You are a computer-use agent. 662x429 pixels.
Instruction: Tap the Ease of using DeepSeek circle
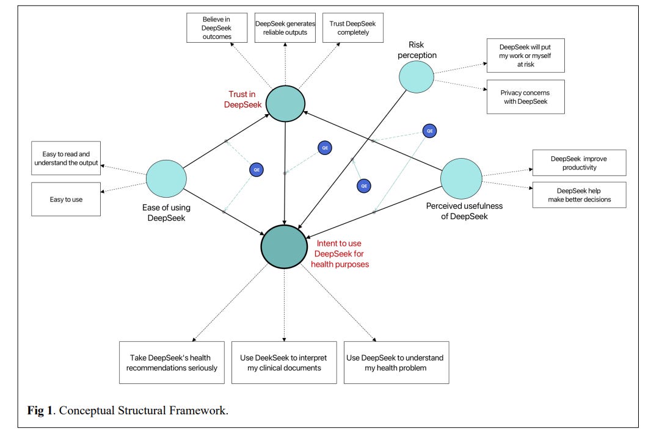coord(166,178)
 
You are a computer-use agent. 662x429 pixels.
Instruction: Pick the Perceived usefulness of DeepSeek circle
coord(461,178)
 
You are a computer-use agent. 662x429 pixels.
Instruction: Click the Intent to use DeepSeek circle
coord(283,246)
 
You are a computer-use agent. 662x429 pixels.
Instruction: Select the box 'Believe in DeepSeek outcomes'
coord(217,27)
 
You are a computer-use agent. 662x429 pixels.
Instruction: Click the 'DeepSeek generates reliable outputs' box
coord(285,27)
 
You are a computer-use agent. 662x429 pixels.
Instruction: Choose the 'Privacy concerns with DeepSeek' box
coord(525,96)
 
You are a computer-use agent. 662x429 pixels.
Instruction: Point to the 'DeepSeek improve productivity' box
coord(579,163)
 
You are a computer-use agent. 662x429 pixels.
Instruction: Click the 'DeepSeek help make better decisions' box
coord(579,195)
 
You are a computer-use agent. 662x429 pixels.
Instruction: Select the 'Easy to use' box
coord(66,199)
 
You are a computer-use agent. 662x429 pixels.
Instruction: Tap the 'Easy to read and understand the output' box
coord(66,158)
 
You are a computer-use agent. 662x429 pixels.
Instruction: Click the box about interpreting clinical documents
coord(284,362)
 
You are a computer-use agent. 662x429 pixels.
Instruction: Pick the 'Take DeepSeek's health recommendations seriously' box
coord(173,362)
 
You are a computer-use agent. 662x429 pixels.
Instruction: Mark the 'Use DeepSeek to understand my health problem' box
coord(396,362)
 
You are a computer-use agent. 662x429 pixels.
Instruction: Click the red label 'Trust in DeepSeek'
coord(243,98)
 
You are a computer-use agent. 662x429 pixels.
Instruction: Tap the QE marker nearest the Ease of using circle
coord(256,170)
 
